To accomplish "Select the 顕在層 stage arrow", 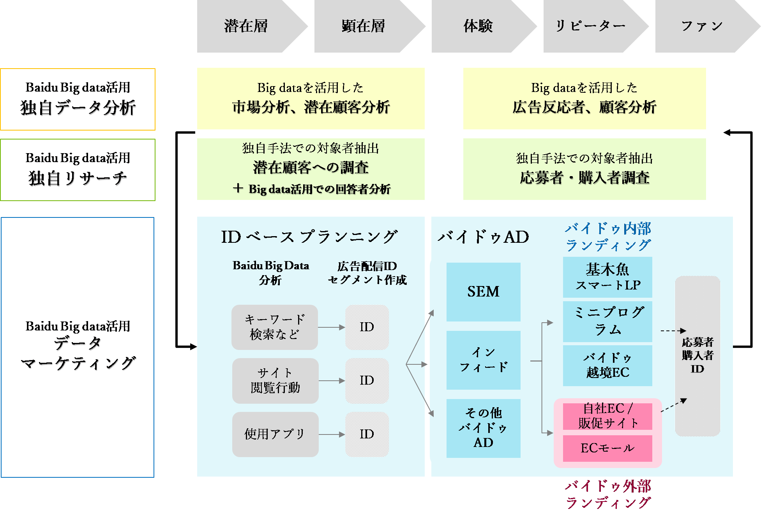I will click(364, 26).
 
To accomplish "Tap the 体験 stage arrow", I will click(478, 26).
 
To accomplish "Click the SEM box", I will click(483, 291).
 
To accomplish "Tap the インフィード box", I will click(483, 360).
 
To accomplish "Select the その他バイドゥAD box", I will click(483, 428).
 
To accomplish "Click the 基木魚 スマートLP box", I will click(607, 277).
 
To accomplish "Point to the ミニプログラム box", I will click(607, 321).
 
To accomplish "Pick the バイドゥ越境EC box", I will click(607, 365).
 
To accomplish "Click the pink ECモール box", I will click(607, 448).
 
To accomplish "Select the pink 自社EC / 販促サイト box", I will click(607, 416).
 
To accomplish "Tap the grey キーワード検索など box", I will click(275, 327).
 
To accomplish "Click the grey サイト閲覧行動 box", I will click(275, 380).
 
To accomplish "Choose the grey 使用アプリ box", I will click(275, 434).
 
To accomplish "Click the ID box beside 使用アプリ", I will click(367, 434).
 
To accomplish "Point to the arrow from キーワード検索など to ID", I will click(331, 327).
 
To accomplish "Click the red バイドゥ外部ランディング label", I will click(607, 495).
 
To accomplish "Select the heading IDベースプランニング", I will click(309, 237).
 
